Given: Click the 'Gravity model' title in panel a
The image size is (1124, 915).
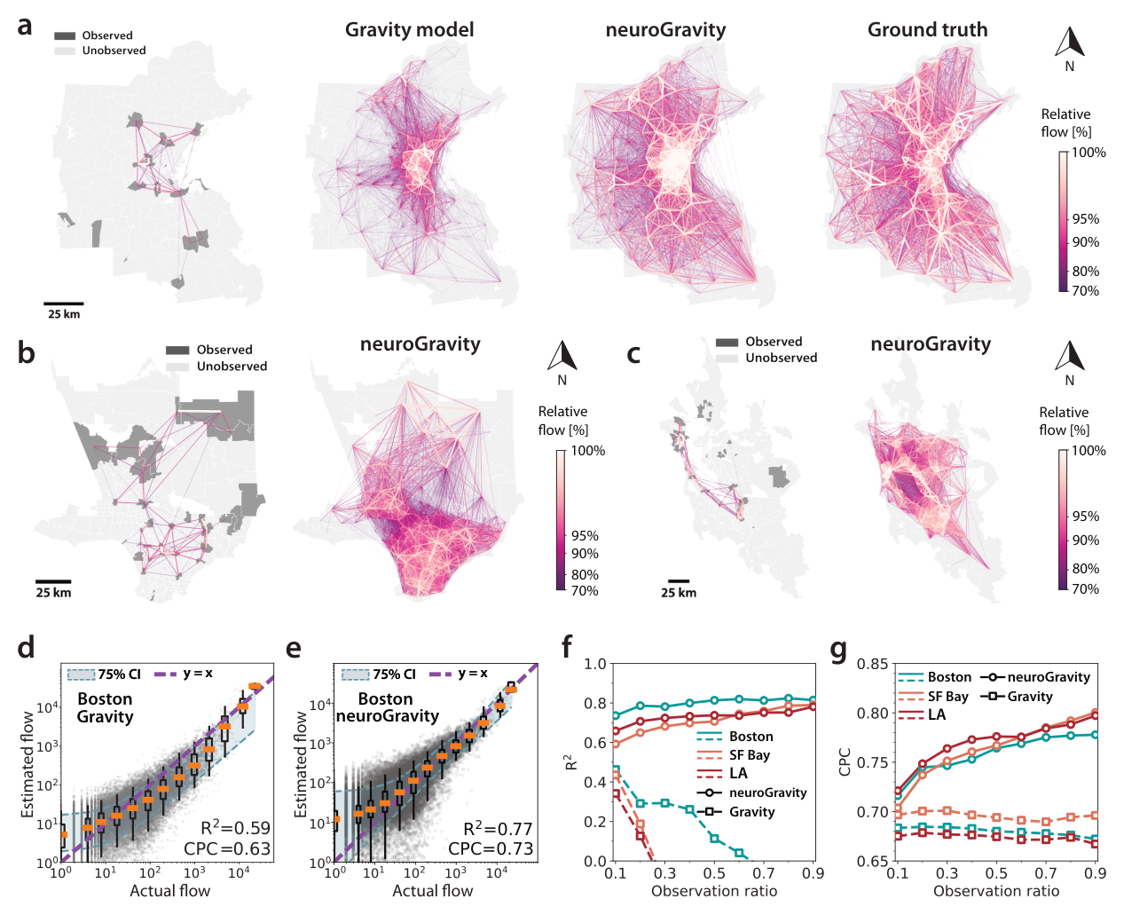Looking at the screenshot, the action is click(409, 30).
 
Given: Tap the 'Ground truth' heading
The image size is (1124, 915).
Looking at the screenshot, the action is click(927, 30).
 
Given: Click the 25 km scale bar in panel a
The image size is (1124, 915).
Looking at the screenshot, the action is click(63, 304).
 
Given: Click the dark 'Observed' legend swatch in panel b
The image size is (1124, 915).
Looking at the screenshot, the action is click(177, 350).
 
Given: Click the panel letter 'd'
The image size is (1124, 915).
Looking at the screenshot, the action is click(26, 647).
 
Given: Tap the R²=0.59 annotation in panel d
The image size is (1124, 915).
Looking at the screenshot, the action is click(235, 827).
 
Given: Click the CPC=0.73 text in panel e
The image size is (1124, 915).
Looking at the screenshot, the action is click(491, 848).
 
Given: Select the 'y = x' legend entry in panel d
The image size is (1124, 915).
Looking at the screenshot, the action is click(184, 674).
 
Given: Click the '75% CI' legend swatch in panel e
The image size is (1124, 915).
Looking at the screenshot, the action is click(355, 674).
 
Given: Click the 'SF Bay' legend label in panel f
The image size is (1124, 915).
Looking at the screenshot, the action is click(750, 755).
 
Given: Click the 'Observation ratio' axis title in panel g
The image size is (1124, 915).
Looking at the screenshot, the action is click(996, 891).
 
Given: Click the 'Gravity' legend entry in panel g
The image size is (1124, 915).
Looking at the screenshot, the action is click(1017, 696).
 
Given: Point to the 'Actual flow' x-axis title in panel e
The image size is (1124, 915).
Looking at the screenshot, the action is click(433, 891).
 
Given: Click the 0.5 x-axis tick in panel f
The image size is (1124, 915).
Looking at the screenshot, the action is click(714, 873).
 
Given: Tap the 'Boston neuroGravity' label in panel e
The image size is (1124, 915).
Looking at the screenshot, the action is click(388, 707).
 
